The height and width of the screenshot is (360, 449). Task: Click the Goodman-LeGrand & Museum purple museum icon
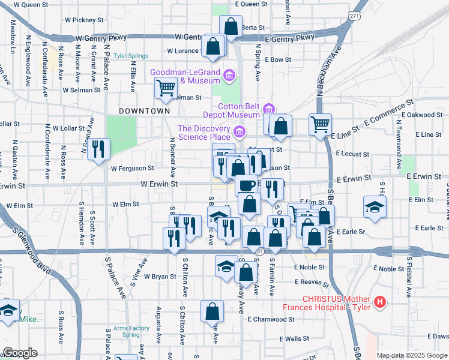click(x=229, y=76)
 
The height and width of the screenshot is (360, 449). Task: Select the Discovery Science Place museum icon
click(x=240, y=131)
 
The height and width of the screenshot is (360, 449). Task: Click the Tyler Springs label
click(x=131, y=56)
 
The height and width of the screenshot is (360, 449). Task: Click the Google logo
click(x=19, y=353)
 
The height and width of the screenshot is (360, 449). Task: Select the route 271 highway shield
click(x=355, y=16)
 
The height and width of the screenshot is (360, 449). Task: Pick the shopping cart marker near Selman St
click(x=166, y=88)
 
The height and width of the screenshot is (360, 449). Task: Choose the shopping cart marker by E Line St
click(x=320, y=124)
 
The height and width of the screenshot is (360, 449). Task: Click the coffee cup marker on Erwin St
click(x=246, y=185)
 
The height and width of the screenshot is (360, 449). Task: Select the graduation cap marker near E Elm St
click(x=375, y=207)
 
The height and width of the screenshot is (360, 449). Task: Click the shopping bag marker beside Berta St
click(x=230, y=26)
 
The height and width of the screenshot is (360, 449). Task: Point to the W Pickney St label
click(x=84, y=20)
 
